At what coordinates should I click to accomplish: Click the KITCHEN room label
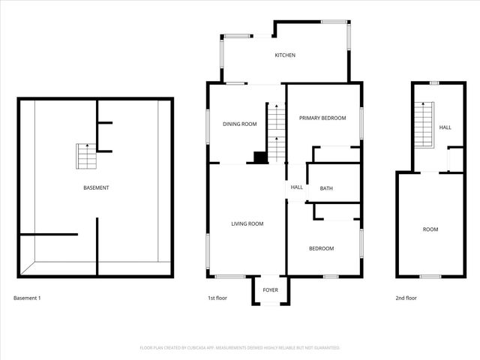[x=285, y=55]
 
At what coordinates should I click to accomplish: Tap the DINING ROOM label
[x=239, y=124]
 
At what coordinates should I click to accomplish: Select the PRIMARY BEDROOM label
[x=322, y=118]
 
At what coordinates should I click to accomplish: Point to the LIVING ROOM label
[x=247, y=223]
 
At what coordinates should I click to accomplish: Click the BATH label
[x=326, y=188]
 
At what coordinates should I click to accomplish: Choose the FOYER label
[x=270, y=290]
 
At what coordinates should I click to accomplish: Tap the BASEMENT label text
[x=96, y=187]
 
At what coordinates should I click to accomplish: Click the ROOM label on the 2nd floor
[x=430, y=229]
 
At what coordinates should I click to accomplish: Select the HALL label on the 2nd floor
[x=445, y=127]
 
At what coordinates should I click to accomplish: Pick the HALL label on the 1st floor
[x=296, y=187]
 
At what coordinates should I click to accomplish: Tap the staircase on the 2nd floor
[x=424, y=125]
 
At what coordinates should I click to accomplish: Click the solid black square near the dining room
[x=259, y=157]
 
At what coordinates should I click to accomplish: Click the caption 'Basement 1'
[x=27, y=298]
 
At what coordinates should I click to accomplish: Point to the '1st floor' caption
[x=217, y=298]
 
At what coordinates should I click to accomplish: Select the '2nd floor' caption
[x=406, y=298]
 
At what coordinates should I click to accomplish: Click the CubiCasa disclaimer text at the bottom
[x=240, y=348]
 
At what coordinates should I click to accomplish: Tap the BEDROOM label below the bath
[x=321, y=248]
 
